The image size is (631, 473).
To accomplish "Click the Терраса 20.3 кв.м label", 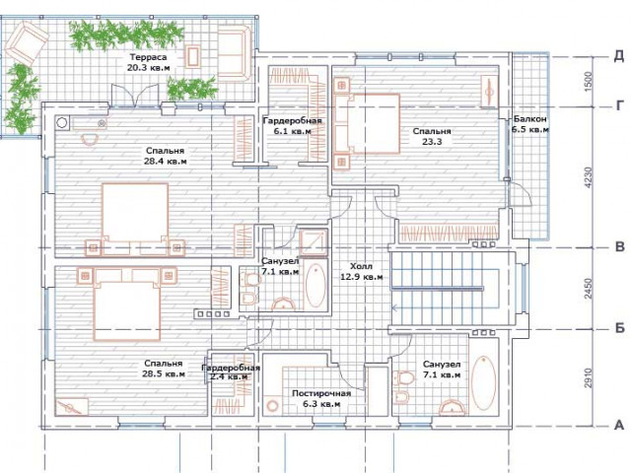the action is (x=148, y=62).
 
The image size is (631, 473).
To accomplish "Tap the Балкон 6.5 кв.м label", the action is (x=530, y=124).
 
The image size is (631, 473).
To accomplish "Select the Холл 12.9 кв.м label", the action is (x=362, y=272).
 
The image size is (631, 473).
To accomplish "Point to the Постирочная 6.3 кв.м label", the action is (x=321, y=398).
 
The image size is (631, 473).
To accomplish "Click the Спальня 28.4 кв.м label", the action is (x=165, y=156).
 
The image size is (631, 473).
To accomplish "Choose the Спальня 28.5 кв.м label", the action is (x=164, y=369).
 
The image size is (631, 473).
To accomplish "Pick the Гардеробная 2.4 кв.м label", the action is (x=231, y=372).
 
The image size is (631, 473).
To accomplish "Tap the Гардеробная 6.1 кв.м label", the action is (x=292, y=126).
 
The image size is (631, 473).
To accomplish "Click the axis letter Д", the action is (x=618, y=56).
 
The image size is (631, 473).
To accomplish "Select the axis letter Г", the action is (x=620, y=105).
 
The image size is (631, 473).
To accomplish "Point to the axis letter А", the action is (x=619, y=425).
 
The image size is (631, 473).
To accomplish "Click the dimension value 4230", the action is (x=589, y=177).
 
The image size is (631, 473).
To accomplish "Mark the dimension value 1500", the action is (x=588, y=82).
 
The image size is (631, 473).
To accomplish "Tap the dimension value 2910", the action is (x=589, y=377).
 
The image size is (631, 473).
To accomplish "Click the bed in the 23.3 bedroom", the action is (x=367, y=123).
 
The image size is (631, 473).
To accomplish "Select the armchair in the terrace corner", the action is (x=27, y=41).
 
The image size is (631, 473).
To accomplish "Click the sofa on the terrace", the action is (x=235, y=53).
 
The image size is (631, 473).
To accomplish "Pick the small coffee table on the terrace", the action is (x=193, y=57).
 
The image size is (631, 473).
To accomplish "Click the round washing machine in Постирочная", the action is (x=273, y=405).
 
